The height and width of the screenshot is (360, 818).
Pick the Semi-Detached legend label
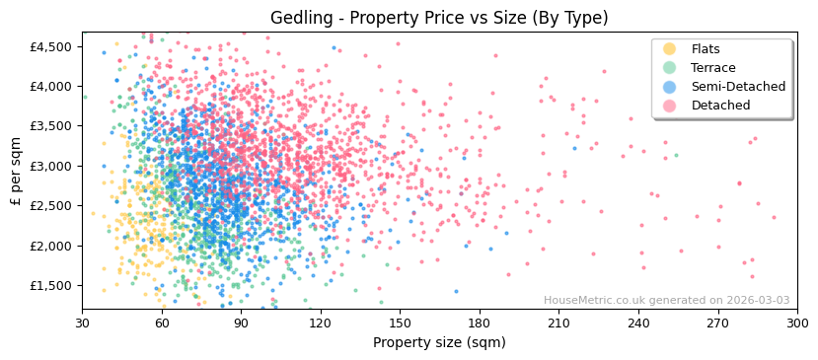point(738,87)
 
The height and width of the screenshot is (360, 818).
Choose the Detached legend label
point(721,106)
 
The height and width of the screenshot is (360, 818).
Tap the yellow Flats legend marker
point(670,49)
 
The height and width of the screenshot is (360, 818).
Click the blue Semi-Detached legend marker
point(670,87)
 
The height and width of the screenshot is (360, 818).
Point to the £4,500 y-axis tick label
point(50,46)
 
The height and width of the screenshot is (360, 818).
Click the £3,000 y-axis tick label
point(50,166)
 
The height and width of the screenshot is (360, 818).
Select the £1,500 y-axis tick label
point(50,285)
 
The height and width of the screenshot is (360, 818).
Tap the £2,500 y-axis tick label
point(50,206)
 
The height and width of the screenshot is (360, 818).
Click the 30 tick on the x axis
point(82,323)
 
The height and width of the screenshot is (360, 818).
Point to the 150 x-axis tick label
point(400,323)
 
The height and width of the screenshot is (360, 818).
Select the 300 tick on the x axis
point(796,323)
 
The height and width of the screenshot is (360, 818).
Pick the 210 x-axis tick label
point(558,323)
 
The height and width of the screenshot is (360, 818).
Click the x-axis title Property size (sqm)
point(439,342)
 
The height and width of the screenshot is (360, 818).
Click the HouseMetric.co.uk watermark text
point(666,301)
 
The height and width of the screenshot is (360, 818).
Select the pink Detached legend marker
point(670,106)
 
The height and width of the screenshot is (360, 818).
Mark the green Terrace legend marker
point(670,68)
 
